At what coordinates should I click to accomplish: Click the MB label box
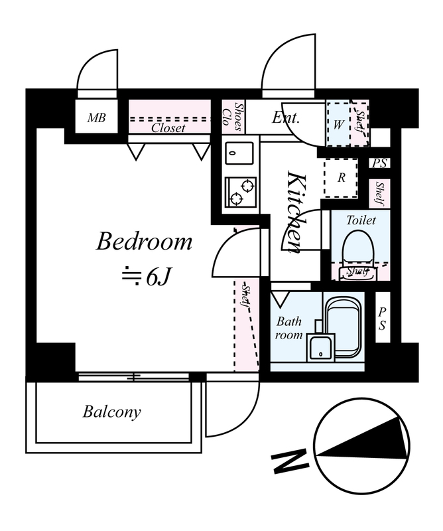tap(96, 117)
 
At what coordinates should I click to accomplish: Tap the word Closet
tap(168, 127)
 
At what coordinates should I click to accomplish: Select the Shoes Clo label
tap(233, 117)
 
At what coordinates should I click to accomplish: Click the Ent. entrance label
tap(286, 117)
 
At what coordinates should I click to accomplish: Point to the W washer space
tap(338, 123)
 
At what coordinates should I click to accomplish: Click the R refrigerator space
tap(341, 178)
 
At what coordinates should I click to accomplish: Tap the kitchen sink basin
tap(239, 153)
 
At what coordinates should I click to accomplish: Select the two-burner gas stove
tap(240, 192)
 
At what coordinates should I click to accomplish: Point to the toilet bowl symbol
tap(358, 254)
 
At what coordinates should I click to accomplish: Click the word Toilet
tap(361, 220)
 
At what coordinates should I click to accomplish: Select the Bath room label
tap(288, 328)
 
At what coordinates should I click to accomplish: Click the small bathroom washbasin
tap(320, 347)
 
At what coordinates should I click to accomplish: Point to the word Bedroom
tap(144, 242)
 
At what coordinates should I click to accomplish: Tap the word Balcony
tap(111, 412)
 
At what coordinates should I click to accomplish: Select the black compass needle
tap(362, 439)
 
